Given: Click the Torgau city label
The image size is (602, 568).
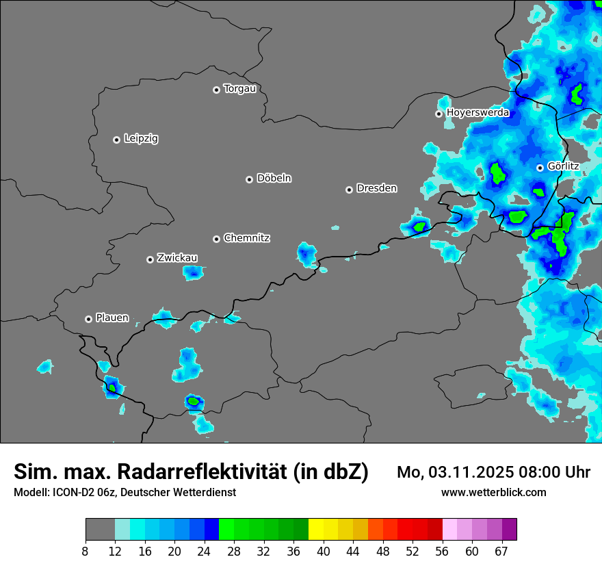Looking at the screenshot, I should coord(239,89).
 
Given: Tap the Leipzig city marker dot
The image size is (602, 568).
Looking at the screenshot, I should coord(116,140).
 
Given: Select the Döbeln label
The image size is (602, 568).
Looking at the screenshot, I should coord(274,179).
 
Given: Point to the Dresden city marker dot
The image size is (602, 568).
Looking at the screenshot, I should coord(349,190).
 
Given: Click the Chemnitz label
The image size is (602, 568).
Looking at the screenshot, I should coord(246,238).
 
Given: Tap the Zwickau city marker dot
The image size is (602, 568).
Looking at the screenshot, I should coord(150,259).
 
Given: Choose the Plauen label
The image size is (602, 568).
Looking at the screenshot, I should coord(112,318).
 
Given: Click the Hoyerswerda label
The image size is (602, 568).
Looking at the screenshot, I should coord(477,113).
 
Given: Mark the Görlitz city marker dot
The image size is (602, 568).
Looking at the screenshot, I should coord(540,168).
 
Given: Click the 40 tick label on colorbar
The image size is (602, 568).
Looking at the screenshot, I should coord(324,552).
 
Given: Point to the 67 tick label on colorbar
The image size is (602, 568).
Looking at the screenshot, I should coord(502,552).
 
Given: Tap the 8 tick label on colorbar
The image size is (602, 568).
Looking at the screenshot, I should coord(86,552).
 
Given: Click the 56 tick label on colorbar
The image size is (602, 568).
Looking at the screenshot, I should coord(443,552).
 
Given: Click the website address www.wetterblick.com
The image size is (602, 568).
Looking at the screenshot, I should coord(493,493).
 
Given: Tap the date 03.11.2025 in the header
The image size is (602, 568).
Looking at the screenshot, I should coord(464,472).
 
